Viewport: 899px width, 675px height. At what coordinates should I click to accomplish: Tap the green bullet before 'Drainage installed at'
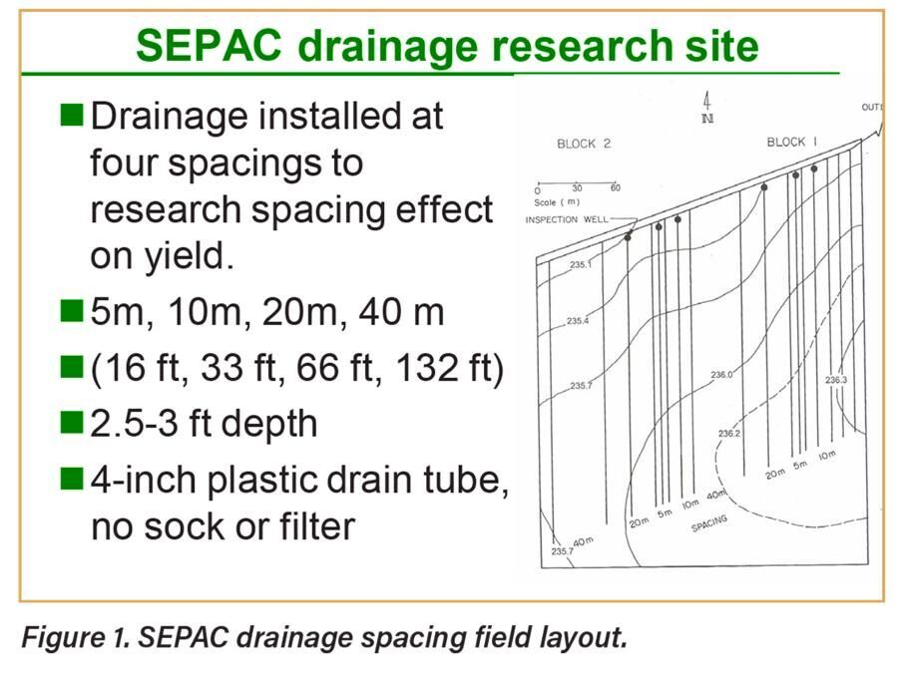click(x=72, y=116)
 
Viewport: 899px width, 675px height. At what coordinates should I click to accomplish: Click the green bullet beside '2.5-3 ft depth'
click(x=72, y=423)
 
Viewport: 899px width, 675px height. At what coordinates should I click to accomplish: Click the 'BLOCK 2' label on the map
click(x=583, y=144)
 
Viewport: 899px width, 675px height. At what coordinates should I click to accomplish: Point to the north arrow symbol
click(x=706, y=107)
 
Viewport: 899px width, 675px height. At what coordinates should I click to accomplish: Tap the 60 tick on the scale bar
click(x=615, y=188)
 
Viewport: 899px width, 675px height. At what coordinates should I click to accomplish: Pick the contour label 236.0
click(x=721, y=375)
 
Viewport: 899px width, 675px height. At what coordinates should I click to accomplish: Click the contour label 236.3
click(x=835, y=380)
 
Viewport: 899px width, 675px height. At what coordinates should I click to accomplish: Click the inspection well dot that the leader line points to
click(x=628, y=237)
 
